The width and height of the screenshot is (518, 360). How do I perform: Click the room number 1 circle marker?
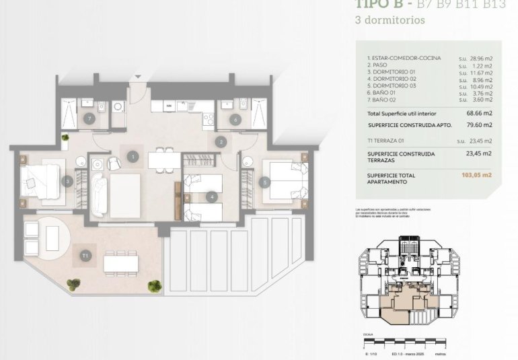(133, 156)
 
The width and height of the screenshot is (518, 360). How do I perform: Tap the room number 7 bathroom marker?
(90, 118)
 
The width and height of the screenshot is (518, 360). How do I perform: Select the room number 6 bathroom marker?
(235, 120)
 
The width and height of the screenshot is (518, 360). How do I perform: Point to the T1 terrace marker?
(85, 255)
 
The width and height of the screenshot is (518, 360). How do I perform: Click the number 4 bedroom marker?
(212, 196)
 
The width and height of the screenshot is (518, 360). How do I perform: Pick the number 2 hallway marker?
(221, 141)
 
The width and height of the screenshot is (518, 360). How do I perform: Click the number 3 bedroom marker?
(67, 180)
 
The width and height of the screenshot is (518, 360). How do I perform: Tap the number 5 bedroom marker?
(265, 180)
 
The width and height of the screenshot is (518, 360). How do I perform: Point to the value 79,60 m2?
(479, 124)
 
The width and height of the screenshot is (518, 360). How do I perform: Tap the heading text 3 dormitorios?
(390, 20)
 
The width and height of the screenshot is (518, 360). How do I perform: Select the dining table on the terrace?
(122, 260)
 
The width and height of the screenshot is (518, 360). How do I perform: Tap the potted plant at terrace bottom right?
(155, 286)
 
